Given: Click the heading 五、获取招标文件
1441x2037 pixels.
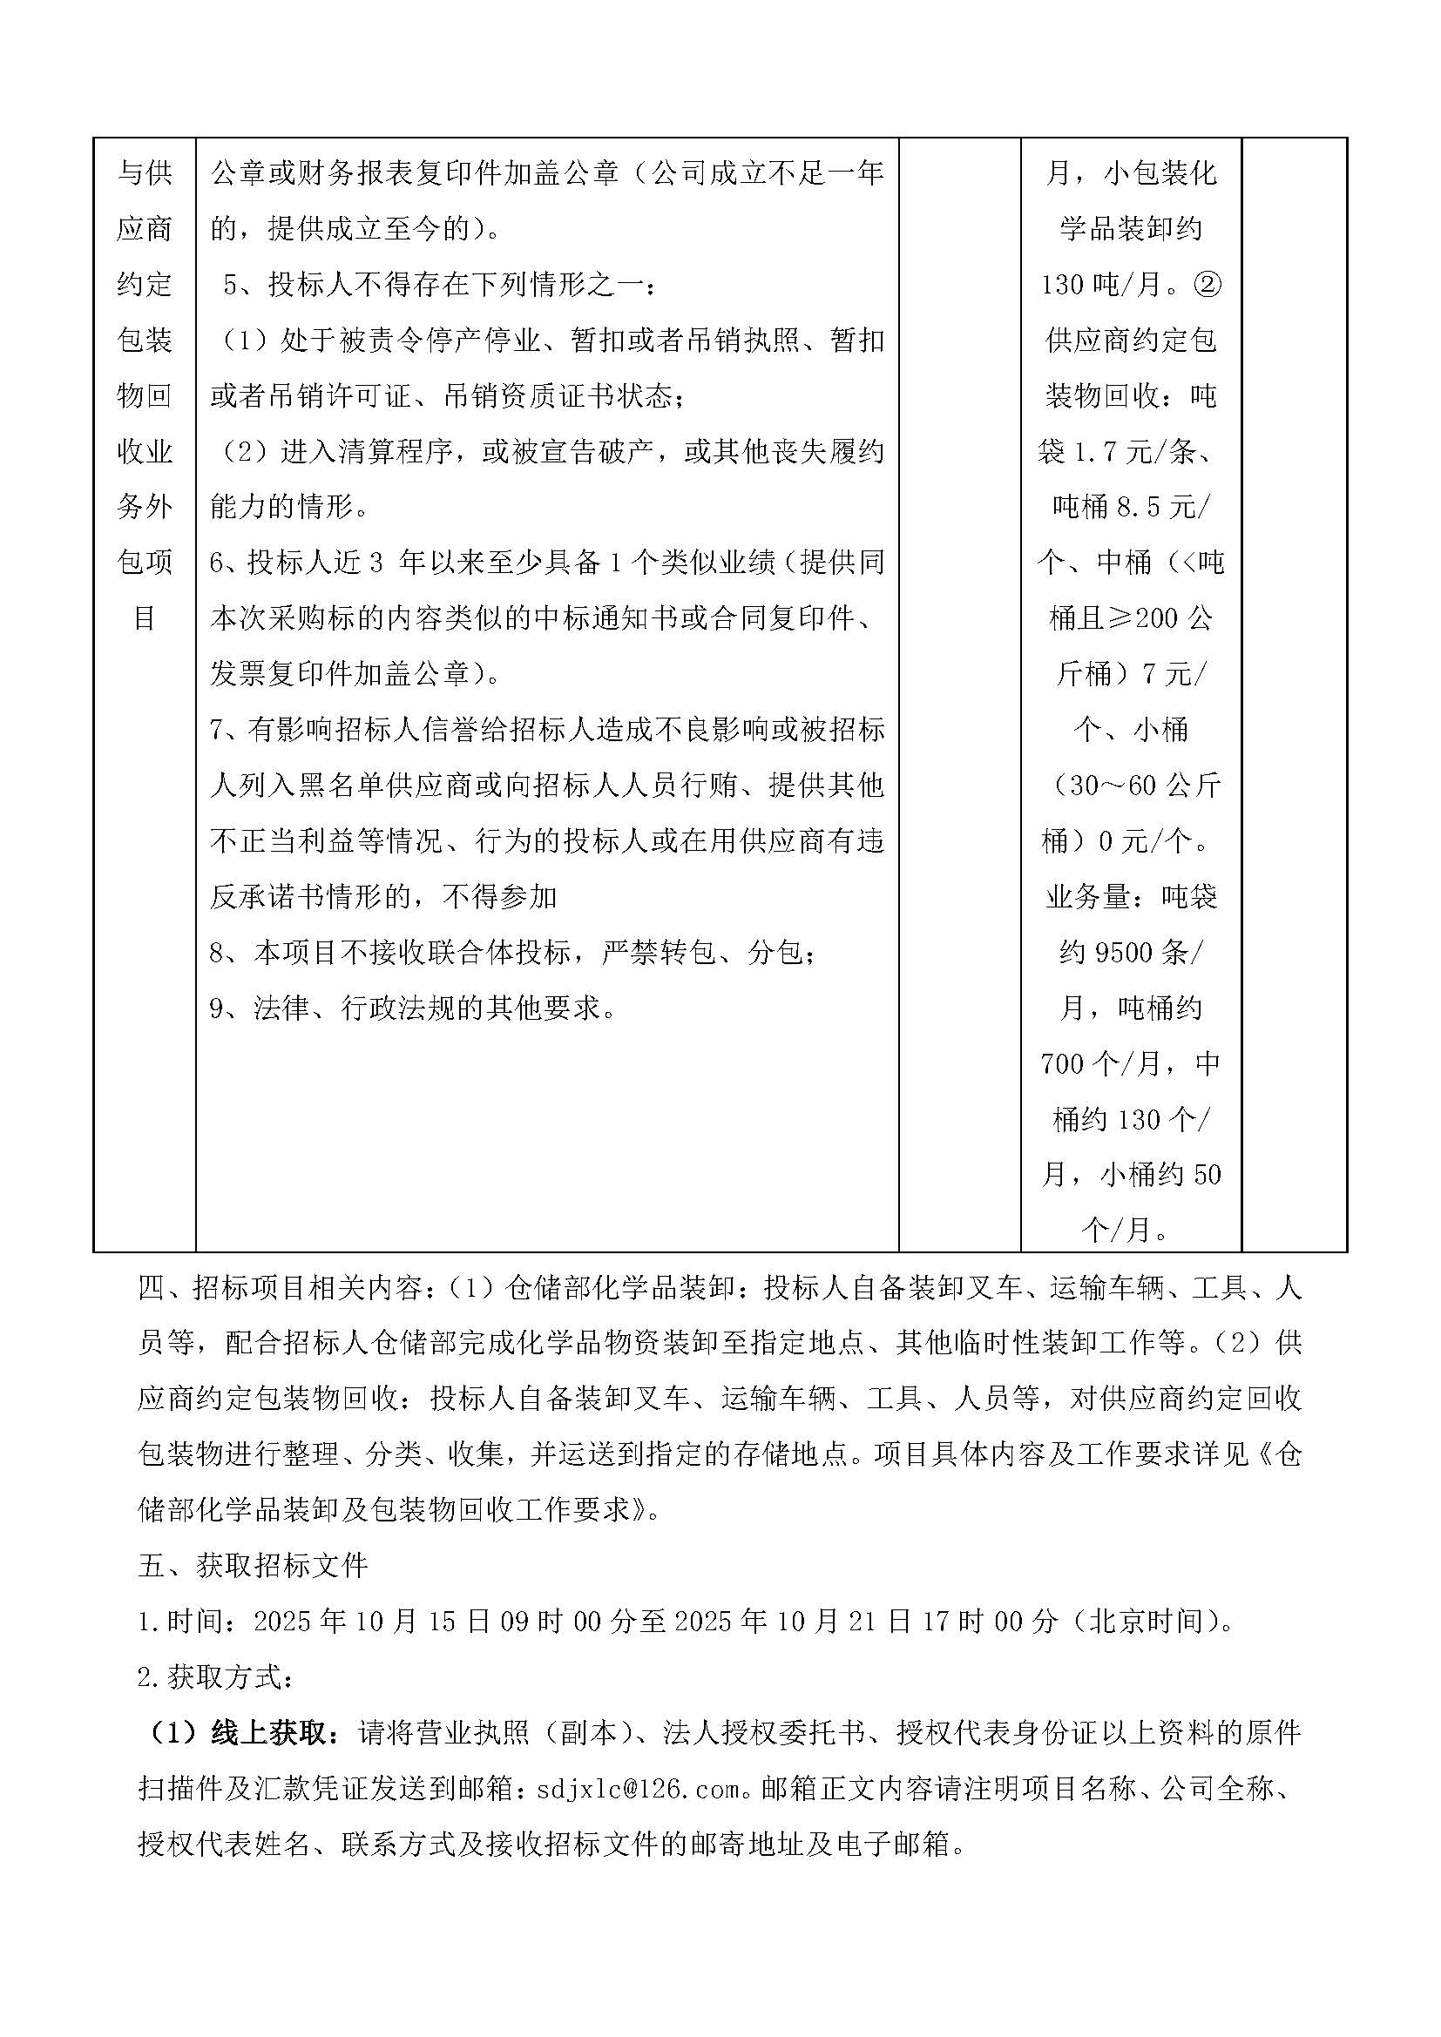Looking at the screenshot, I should coord(253,1566).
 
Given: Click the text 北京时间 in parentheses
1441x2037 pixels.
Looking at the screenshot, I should coord(1148,1622).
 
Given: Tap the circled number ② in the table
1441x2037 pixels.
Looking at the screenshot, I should coord(1208,285).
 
